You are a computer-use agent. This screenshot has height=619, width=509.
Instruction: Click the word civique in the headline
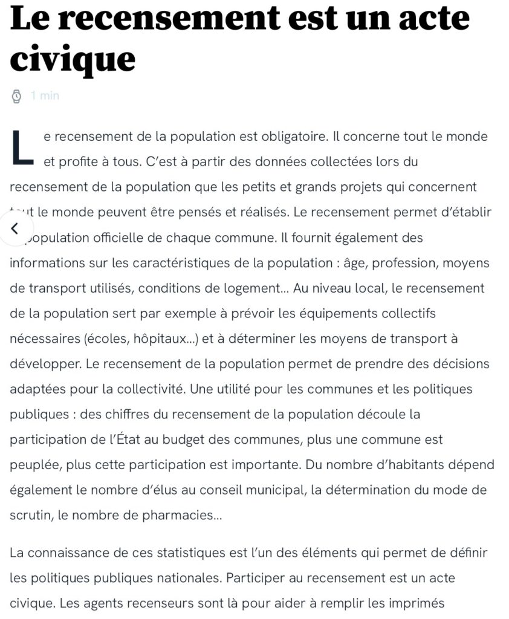coord(73,59)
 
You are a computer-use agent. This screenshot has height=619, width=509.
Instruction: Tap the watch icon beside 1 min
coord(18,96)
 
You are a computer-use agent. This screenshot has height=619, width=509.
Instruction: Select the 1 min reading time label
coord(45,96)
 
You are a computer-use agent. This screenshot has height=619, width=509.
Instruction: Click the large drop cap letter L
coord(22,147)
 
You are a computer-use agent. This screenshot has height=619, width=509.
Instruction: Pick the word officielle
coord(122,238)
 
